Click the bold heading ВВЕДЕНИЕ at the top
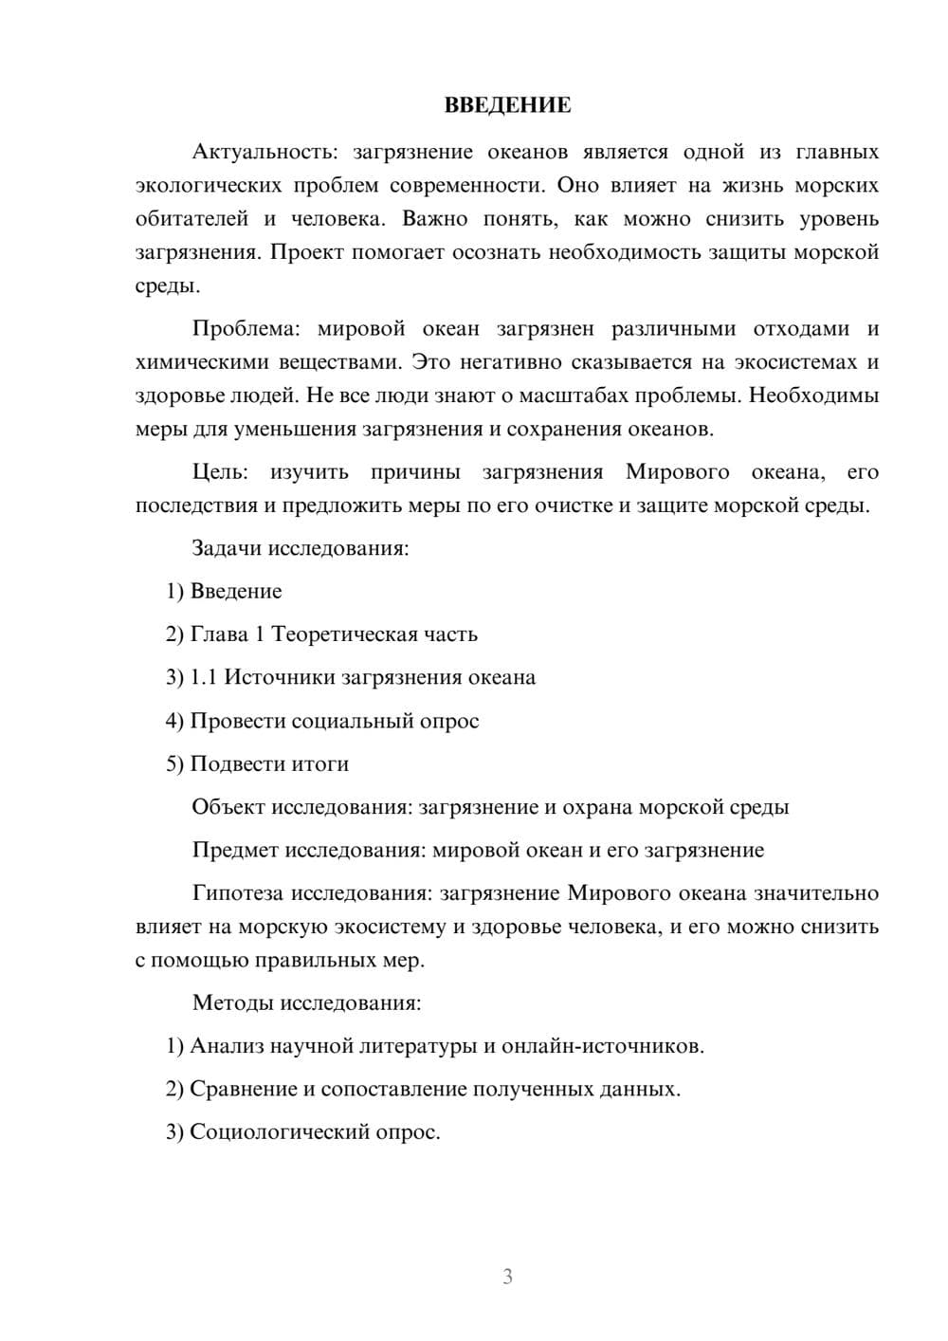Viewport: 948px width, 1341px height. click(x=507, y=105)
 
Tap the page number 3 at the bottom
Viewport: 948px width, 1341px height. click(x=507, y=1277)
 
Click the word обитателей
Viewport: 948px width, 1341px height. click(x=191, y=218)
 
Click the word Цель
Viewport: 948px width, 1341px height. click(x=220, y=471)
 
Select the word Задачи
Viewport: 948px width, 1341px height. click(x=228, y=548)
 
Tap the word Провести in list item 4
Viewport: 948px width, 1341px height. click(x=238, y=721)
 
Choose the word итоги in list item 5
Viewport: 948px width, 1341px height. click(x=320, y=763)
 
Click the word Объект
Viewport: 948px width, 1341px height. click(x=228, y=807)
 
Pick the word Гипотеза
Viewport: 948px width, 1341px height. click(x=238, y=893)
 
